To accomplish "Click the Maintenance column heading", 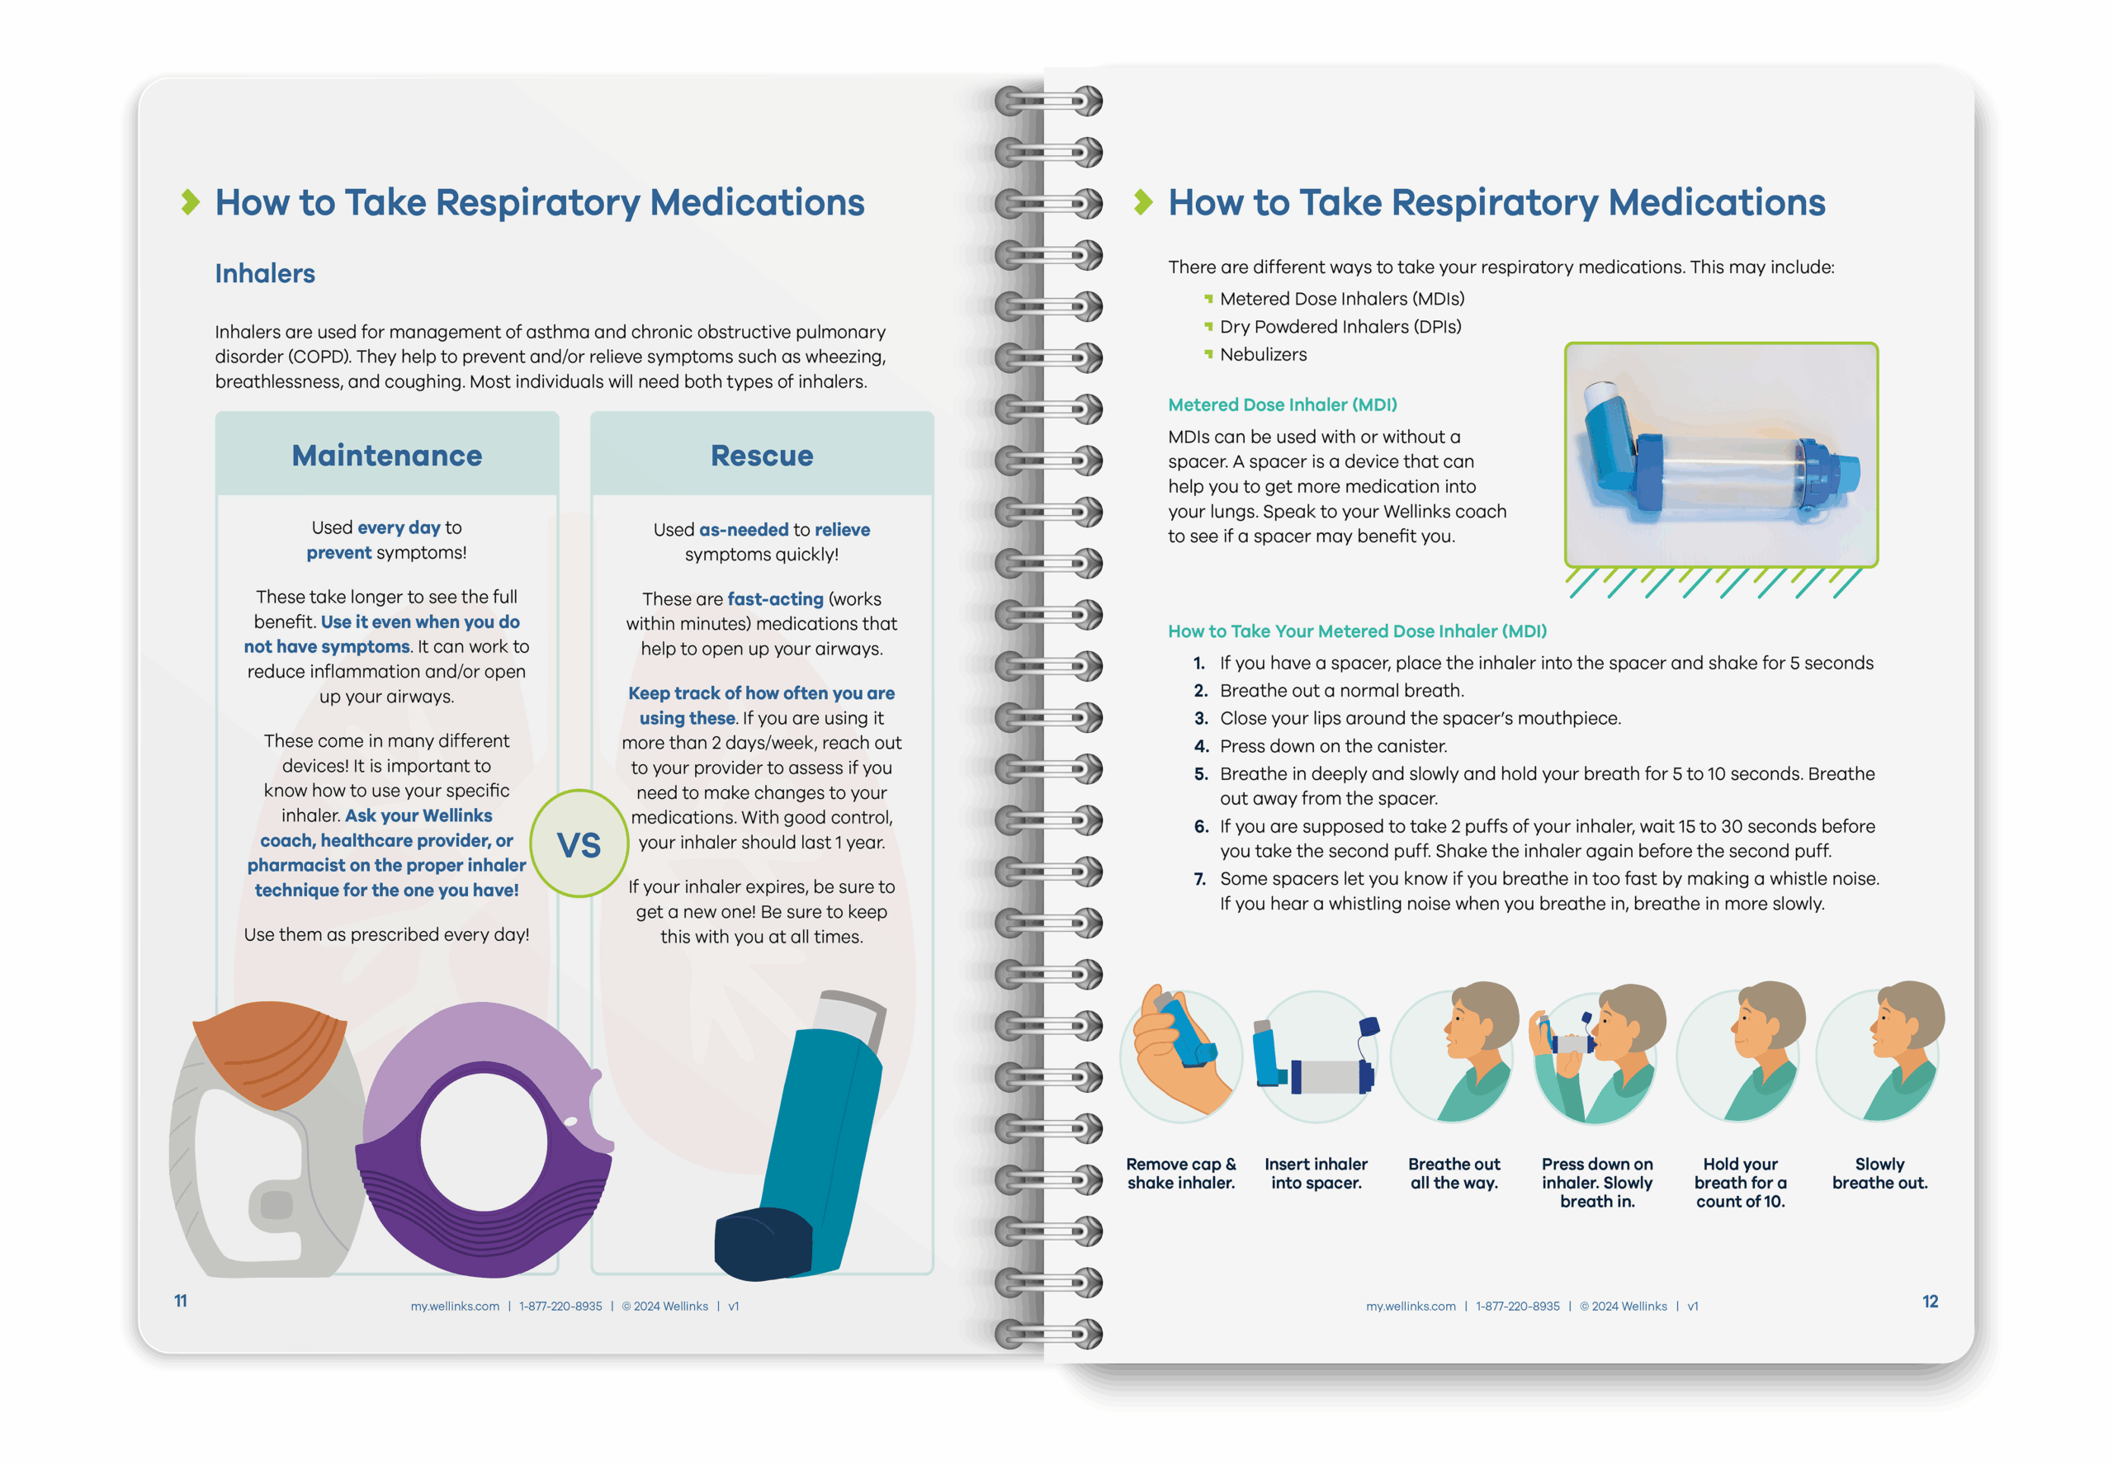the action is coord(386,456).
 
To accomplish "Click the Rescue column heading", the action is coord(762,456).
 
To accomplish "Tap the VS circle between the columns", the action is coord(579,843).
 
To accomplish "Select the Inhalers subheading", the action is coord(264,273).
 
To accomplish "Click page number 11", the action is coord(181,1301).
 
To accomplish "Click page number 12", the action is coord(1931,1302).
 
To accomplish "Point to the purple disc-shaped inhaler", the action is coord(485,1140).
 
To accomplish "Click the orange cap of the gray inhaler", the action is coord(271,1053).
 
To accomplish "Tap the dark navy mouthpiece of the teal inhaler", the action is coord(763,1244).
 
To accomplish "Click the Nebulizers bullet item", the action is coord(1263,354).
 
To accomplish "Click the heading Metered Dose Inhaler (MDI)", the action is coord(1283,404).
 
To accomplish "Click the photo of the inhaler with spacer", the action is coord(1721,456).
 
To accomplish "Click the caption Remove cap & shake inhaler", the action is coord(1181,1173).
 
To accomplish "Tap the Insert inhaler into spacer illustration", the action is coord(1316,1056).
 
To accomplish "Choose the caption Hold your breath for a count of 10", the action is coord(1740,1182).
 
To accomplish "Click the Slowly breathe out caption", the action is coord(1880,1173).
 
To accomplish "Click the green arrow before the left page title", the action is coord(190,202).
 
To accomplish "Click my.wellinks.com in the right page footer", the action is coord(1411,1307).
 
